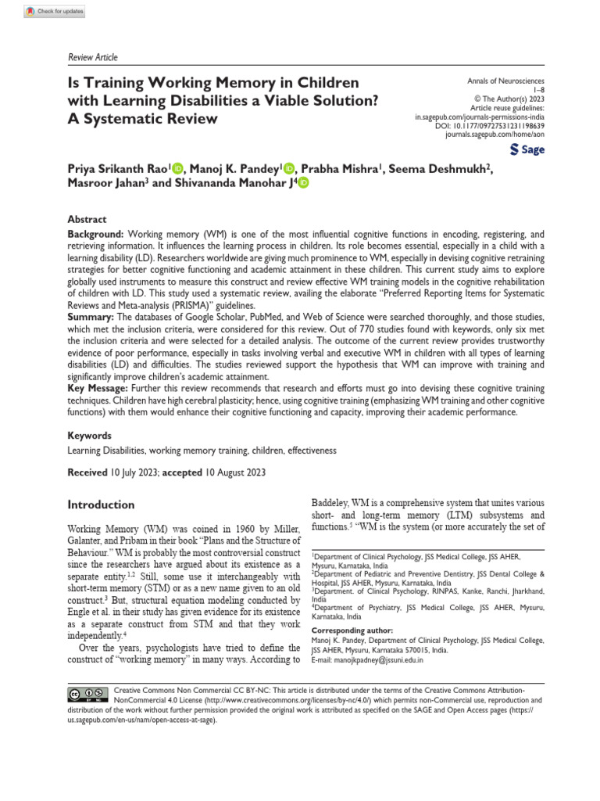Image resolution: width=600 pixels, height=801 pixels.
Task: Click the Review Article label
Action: tap(89, 57)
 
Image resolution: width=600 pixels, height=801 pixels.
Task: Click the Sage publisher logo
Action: tap(527, 149)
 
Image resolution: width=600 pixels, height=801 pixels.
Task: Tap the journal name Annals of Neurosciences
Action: tap(505, 81)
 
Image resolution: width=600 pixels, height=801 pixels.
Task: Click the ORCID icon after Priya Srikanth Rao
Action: tap(177, 167)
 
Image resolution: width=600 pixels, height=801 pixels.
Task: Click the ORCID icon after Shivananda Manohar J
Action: tap(302, 182)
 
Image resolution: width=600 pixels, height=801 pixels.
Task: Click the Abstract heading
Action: tap(87, 220)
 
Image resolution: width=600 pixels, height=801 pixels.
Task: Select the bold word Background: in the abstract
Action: tap(95, 234)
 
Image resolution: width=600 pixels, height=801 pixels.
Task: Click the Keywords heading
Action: tap(89, 436)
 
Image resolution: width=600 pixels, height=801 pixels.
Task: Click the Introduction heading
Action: tap(101, 505)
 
